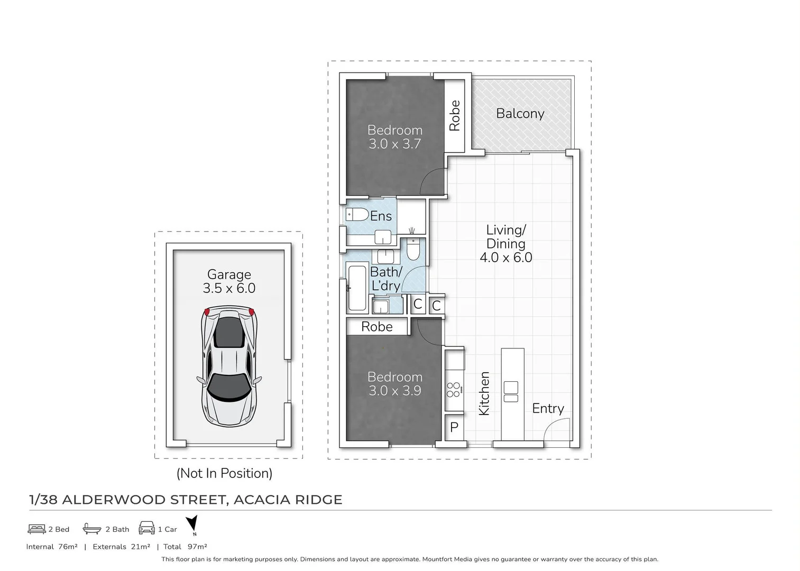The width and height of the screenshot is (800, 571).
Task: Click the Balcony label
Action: (x=520, y=114)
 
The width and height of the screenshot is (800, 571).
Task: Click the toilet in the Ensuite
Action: (x=357, y=214)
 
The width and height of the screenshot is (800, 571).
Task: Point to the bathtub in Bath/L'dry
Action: (x=357, y=288)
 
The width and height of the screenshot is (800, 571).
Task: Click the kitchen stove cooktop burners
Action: (x=454, y=390)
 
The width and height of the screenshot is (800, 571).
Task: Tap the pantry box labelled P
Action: (x=454, y=427)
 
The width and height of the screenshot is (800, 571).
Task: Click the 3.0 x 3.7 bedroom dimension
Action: (x=394, y=144)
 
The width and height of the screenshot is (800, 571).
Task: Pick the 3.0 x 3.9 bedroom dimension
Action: (x=394, y=391)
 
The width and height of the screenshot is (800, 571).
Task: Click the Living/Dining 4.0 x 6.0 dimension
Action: (x=505, y=257)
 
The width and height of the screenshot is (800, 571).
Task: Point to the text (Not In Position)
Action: (x=224, y=473)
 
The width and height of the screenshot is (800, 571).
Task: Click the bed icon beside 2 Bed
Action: (x=36, y=529)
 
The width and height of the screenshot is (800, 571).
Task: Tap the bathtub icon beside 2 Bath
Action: (x=92, y=529)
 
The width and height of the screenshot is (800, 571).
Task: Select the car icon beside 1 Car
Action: (x=146, y=529)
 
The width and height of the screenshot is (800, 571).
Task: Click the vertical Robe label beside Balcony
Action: (x=455, y=115)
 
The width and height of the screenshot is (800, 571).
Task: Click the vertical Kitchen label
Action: (x=484, y=393)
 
